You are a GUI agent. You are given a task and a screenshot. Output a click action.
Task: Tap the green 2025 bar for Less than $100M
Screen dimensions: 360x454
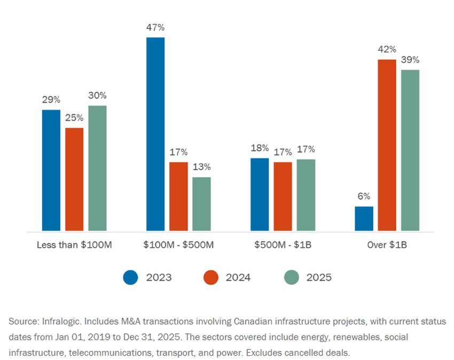(x=98, y=168)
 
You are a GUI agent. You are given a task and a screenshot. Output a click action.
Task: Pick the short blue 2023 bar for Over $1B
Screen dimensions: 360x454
(x=364, y=219)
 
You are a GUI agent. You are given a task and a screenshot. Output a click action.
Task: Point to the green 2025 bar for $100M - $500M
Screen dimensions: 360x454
(x=201, y=204)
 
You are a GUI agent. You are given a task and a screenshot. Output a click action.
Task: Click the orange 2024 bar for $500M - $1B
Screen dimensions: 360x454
(x=283, y=197)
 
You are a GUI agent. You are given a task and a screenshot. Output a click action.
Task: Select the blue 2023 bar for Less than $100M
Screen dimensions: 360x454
(x=51, y=170)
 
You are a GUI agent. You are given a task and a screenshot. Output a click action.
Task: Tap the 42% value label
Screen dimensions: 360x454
(x=387, y=50)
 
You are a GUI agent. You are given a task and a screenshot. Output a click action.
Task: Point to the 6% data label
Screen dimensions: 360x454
(x=364, y=197)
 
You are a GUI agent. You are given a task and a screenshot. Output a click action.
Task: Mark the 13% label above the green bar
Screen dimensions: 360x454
(x=201, y=167)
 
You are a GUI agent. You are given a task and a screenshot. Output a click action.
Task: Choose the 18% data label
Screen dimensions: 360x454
(x=260, y=148)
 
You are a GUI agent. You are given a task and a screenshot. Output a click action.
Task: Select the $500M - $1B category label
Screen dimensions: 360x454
(x=283, y=245)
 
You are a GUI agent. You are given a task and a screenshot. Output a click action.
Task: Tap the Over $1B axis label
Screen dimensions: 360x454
(x=387, y=245)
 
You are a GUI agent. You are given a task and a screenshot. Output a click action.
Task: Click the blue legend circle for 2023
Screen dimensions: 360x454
(x=130, y=277)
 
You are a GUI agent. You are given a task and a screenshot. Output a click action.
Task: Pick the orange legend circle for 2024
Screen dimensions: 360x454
(x=211, y=277)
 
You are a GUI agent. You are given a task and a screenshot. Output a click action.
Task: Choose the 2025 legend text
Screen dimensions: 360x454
(x=319, y=277)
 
